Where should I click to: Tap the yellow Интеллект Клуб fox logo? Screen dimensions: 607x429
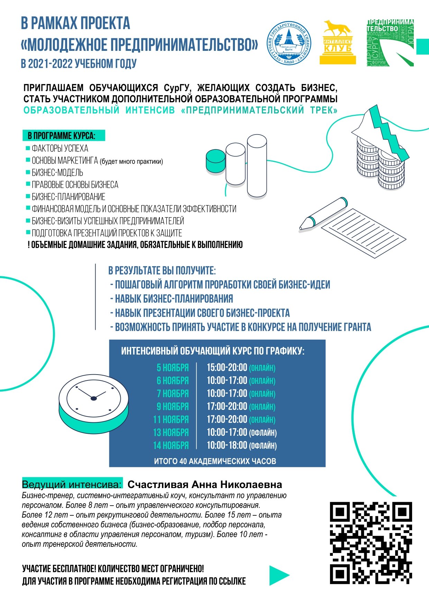337,42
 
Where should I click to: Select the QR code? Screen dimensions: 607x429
371,543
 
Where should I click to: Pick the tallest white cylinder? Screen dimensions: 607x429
257,166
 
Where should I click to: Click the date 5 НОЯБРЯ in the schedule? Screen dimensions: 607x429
173,368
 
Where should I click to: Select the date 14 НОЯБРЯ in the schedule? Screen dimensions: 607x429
171,445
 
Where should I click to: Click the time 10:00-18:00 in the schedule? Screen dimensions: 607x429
227,445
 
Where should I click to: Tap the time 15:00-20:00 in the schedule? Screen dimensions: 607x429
227,368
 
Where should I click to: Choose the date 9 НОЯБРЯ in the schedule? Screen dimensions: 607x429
173,407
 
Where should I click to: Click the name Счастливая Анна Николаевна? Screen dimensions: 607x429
204,484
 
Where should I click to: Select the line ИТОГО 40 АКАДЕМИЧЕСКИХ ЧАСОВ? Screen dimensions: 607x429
215,461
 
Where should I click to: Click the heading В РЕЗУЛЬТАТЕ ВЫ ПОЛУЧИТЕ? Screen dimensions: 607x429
162,270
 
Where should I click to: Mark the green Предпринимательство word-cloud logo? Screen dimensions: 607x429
390,43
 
